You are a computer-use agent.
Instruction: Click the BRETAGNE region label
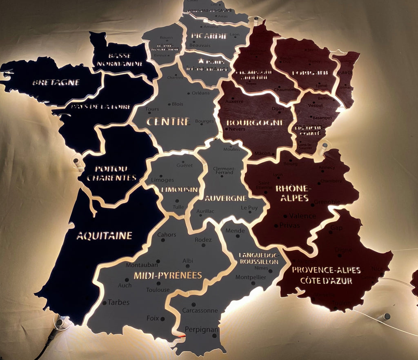[x=56, y=82]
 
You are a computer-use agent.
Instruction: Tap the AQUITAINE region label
[x=104, y=236]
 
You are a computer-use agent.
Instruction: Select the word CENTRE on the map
[x=168, y=122]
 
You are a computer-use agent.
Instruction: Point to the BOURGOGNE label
[x=255, y=122]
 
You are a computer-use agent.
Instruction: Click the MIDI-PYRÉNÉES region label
[x=168, y=275]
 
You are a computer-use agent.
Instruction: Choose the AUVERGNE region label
[x=226, y=198]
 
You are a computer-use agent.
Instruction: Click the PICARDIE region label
[x=209, y=36]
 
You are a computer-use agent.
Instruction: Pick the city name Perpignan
[x=201, y=329]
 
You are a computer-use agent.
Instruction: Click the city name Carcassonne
[x=200, y=311]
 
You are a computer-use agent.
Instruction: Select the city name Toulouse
[x=158, y=290]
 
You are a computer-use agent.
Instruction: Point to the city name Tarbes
[x=118, y=302]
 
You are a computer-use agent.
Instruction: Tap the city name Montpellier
[x=251, y=278]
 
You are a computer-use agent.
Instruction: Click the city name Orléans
[x=200, y=93]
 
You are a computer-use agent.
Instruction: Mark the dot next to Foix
[x=162, y=319]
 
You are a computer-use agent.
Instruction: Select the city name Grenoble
[x=327, y=202]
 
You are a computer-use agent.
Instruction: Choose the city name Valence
[x=302, y=216]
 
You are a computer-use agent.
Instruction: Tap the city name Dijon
[x=278, y=109]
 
